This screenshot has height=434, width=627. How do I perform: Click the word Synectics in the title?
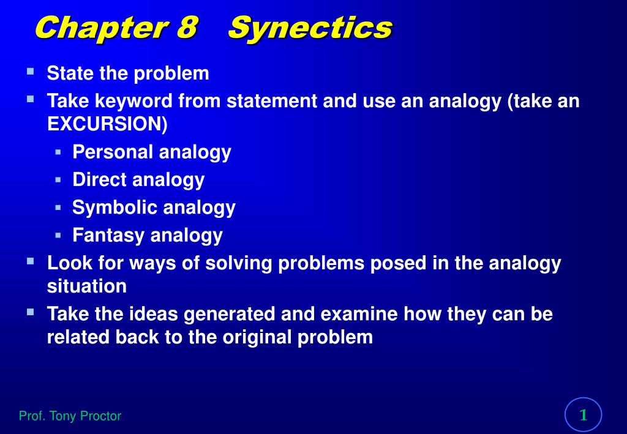[310, 28]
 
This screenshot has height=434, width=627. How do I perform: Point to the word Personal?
[113, 152]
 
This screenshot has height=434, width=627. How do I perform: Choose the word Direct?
[100, 179]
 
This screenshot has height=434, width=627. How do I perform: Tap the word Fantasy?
[109, 235]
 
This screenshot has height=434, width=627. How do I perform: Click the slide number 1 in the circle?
[584, 415]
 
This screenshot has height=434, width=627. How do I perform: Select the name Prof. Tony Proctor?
[70, 416]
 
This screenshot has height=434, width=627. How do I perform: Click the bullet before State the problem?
[30, 72]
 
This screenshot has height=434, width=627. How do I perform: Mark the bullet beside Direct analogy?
[58, 179]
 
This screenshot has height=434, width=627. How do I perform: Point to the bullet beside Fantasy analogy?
[58, 234]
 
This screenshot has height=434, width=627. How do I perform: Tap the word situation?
[87, 286]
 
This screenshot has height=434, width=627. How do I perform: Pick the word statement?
[272, 100]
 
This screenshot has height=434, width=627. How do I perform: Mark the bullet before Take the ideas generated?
[30, 312]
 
